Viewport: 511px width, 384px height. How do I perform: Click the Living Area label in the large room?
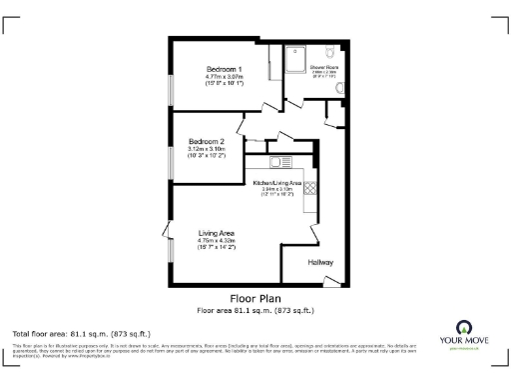click(x=216, y=233)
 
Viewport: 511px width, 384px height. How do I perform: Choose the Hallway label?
click(x=320, y=263)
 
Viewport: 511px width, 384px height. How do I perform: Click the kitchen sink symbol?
click(x=278, y=161)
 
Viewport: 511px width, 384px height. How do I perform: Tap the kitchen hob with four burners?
click(x=310, y=186)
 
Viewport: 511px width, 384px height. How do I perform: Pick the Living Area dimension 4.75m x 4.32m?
click(x=216, y=241)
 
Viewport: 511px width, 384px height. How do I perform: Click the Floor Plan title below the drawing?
click(x=255, y=298)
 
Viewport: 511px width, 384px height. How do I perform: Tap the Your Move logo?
click(x=465, y=335)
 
